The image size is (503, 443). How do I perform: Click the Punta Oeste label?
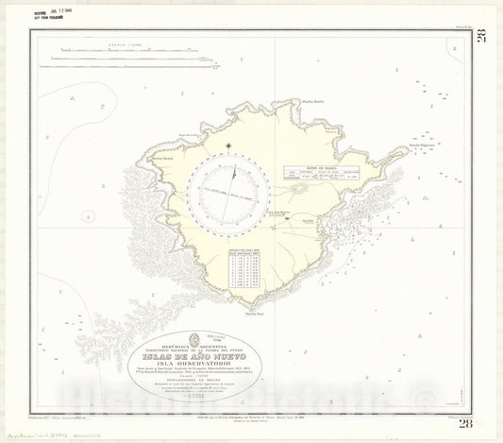tap(161, 159)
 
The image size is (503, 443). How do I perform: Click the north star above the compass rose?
tap(230, 147)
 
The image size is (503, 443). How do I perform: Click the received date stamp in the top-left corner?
tap(45, 11)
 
